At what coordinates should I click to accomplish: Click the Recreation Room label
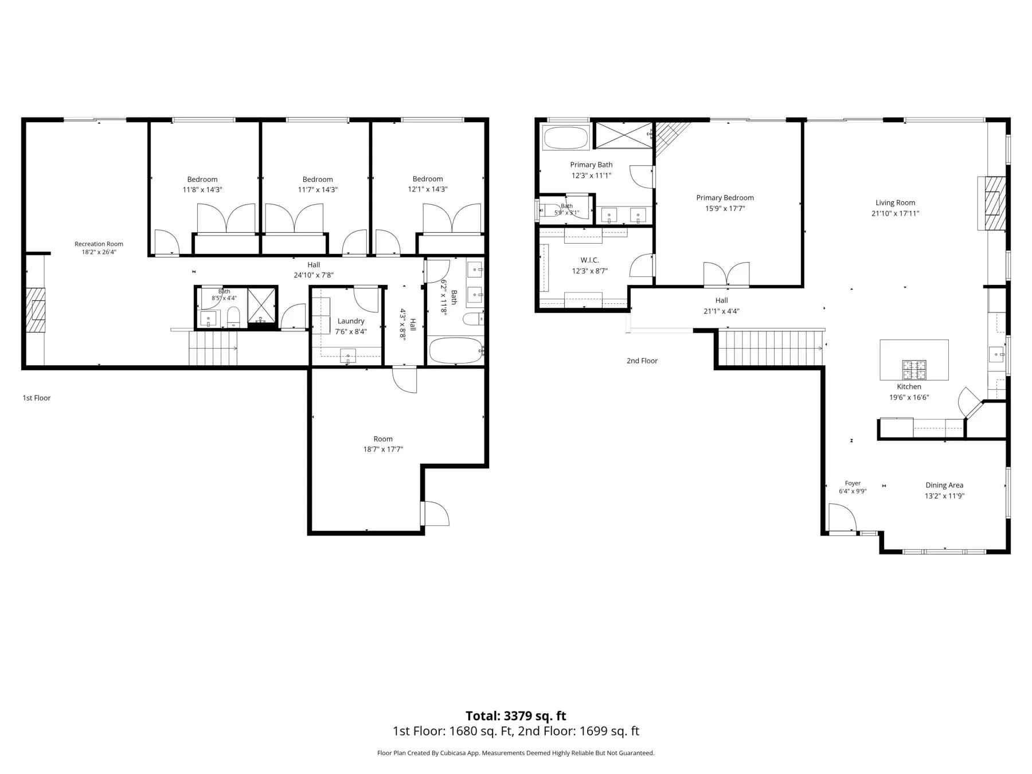click(99, 244)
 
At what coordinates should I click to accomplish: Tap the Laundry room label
click(351, 321)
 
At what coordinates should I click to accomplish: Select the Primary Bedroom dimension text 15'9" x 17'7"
click(725, 209)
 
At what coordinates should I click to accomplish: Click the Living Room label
click(895, 202)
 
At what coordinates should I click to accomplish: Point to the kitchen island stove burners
click(914, 370)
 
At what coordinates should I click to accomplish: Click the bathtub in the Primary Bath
click(566, 138)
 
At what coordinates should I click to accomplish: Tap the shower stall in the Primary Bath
click(623, 134)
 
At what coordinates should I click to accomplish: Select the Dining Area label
click(944, 485)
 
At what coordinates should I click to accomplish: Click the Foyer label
click(853, 483)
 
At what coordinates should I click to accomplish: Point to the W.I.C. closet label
click(589, 260)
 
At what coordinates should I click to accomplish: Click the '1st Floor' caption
click(37, 398)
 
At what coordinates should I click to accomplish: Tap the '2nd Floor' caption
click(642, 361)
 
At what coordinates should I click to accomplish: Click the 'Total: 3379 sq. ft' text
click(516, 716)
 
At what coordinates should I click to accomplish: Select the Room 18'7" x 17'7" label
click(383, 444)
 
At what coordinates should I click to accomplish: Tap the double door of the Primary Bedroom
click(726, 274)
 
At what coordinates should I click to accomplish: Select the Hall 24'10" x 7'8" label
click(314, 269)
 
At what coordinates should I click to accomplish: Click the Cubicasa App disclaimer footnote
click(515, 753)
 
